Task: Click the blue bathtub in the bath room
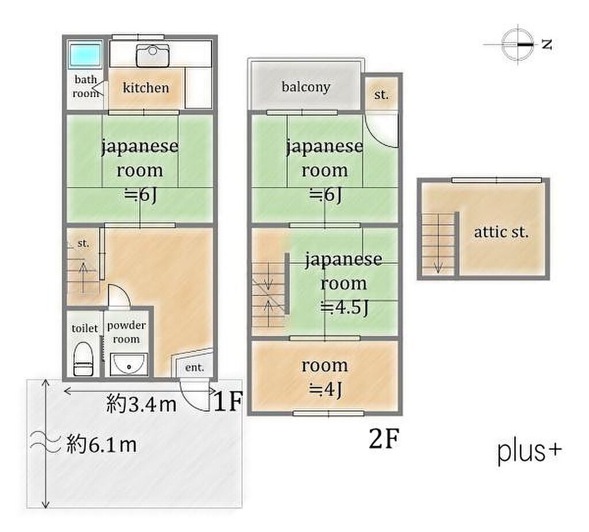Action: (85, 53)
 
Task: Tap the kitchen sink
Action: (152, 55)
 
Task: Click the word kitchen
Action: (146, 88)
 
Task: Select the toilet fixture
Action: (83, 358)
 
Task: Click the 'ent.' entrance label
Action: (194, 367)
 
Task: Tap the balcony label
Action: (306, 87)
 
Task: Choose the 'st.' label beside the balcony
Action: (381, 95)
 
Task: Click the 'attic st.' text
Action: (501, 232)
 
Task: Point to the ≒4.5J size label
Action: (345, 307)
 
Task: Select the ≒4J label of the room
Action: (325, 390)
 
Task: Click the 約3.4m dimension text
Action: (141, 404)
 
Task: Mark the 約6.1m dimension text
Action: (101, 445)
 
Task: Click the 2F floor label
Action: (383, 438)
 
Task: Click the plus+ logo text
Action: (530, 452)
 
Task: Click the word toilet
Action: (85, 328)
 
